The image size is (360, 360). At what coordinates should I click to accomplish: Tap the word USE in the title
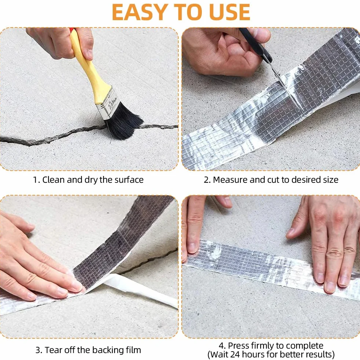[x=229, y=12]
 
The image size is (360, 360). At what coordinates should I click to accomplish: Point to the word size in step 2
[x=331, y=179]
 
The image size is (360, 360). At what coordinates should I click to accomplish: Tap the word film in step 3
[x=133, y=350]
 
